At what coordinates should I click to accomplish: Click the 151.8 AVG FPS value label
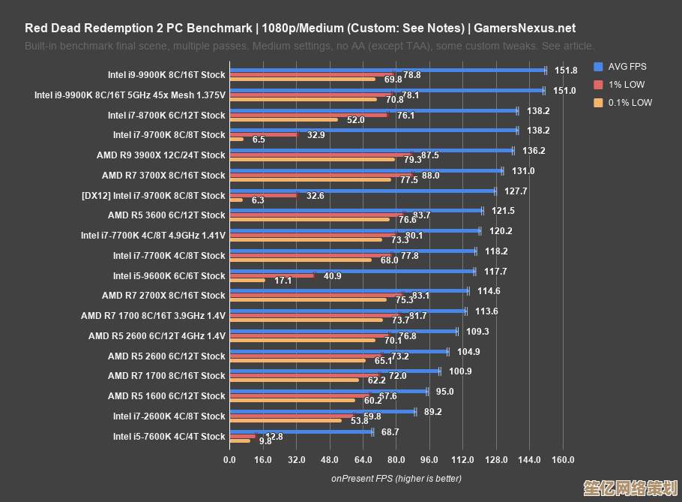pos(566,71)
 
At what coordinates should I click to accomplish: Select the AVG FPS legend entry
pos(626,66)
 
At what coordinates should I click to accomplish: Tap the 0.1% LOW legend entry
pos(629,103)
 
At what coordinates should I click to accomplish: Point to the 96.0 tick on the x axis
pos(429,459)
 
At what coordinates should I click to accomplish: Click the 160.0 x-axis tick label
pos(563,459)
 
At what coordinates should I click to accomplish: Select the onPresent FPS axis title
pos(396,478)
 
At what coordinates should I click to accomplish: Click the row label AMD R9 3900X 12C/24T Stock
pos(160,155)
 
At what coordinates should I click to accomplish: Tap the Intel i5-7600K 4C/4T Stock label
pos(169,436)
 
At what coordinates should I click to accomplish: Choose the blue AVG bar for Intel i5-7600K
pos(301,431)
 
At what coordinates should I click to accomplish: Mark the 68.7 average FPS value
pos(390,431)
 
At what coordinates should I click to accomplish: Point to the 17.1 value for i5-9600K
pos(283,280)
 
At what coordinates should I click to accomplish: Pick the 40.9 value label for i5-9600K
pos(332,275)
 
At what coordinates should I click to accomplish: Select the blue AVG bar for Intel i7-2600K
pos(322,411)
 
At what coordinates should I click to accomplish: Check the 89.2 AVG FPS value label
pos(432,411)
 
